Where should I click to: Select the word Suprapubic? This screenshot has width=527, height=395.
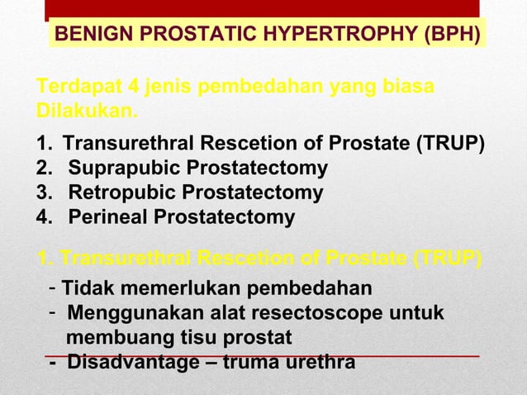pos(123,169)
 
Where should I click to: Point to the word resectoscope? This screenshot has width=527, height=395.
pos(317,313)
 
